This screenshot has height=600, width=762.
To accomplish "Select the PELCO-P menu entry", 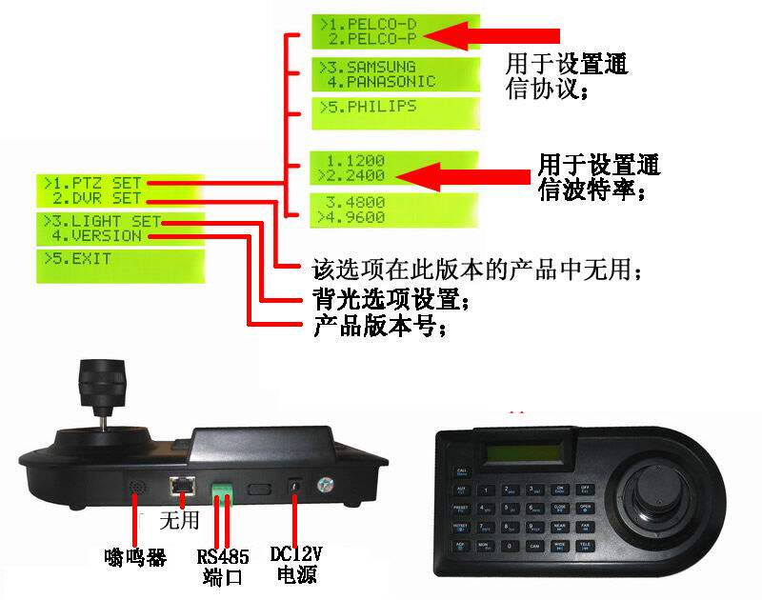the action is [x=372, y=38].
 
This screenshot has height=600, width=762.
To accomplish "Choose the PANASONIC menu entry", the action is [x=381, y=82].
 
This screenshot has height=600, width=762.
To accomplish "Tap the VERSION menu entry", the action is [x=97, y=235].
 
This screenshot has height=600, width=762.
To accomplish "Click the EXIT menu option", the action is [x=80, y=258].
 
